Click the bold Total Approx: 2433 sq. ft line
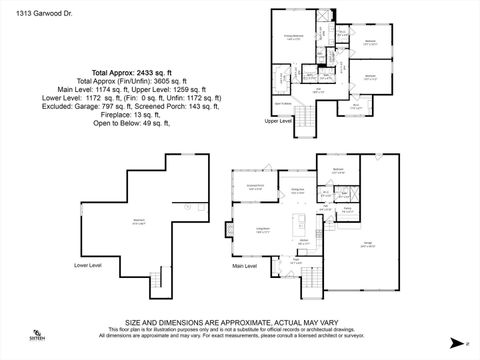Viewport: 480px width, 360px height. coord(132,72)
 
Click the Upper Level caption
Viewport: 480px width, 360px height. coord(278,120)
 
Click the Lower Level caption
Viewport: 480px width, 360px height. coord(88,266)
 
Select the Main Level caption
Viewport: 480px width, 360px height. coord(246,266)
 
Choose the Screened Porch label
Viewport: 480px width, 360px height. coord(255,188)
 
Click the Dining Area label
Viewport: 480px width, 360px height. coord(297,190)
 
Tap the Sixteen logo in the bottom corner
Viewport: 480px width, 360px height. coord(36,336)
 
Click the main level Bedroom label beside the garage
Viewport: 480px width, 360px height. coord(338,170)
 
